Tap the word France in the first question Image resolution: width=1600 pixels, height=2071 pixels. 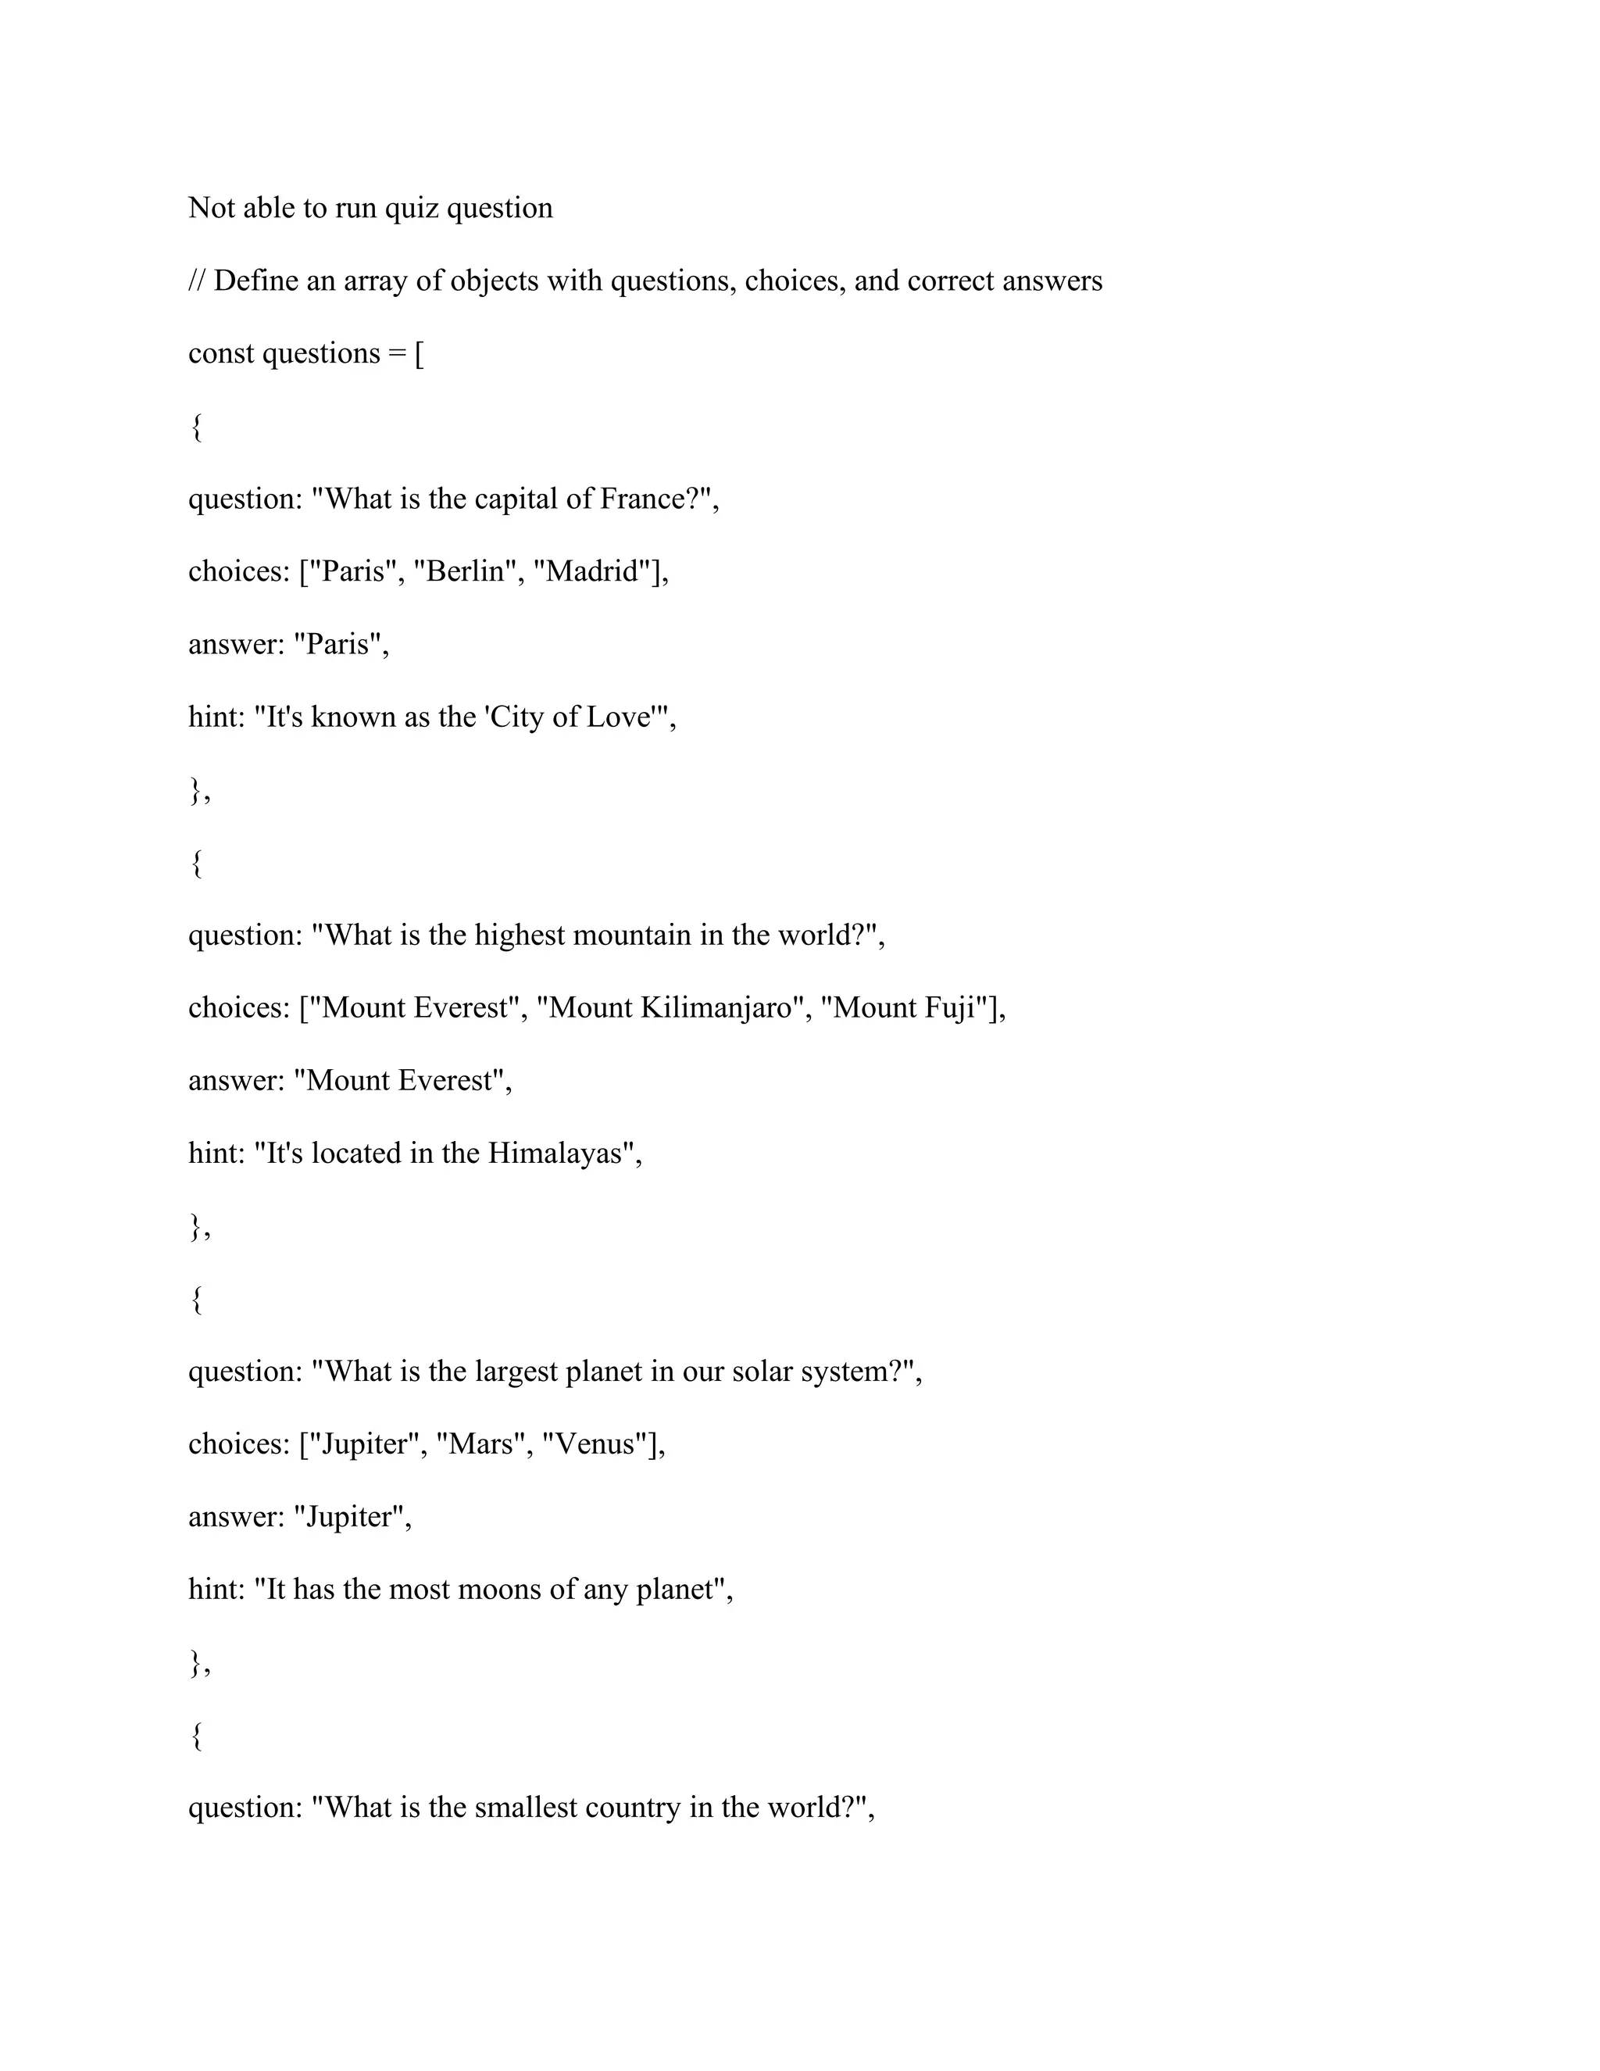coord(641,499)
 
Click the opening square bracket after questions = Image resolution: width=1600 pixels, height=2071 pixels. coord(419,355)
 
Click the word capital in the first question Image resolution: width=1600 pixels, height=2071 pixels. coord(516,499)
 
